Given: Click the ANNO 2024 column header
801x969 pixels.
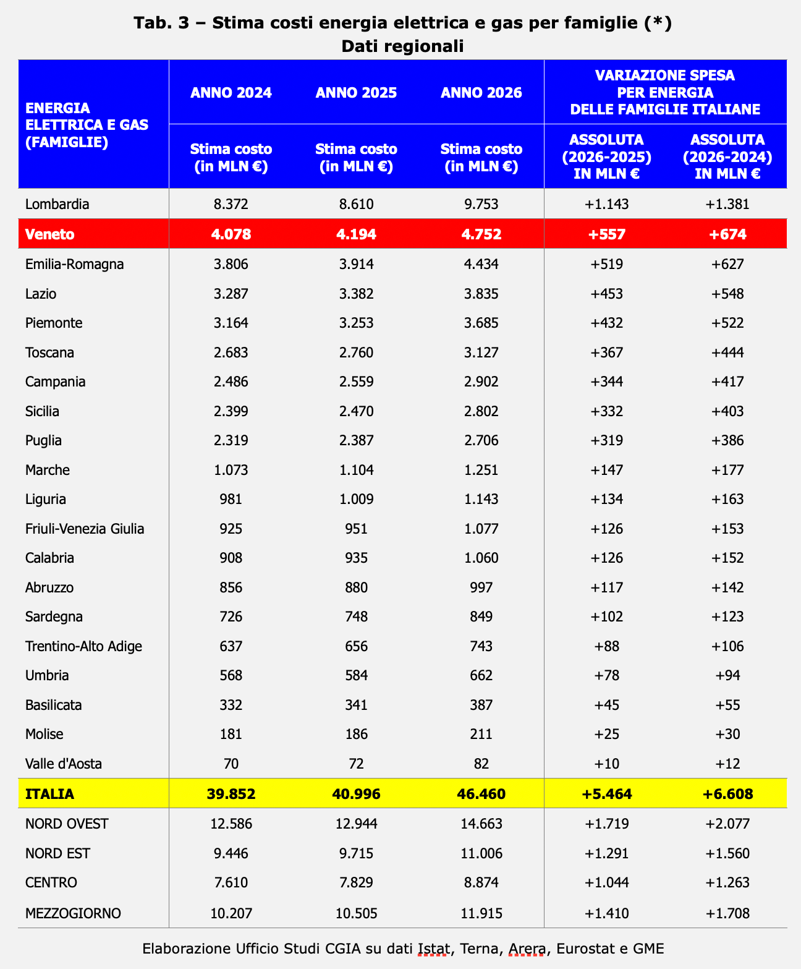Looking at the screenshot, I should pyautogui.click(x=231, y=93).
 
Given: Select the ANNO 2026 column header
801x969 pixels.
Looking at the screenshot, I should pyautogui.click(x=481, y=93).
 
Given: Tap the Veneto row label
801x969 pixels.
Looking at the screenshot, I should pyautogui.click(x=49, y=234).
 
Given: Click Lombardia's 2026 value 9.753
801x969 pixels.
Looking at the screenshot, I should pyautogui.click(x=481, y=204).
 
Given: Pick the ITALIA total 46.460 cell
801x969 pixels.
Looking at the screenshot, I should pyautogui.click(x=481, y=793).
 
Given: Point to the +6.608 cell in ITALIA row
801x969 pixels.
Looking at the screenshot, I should pyautogui.click(x=727, y=793).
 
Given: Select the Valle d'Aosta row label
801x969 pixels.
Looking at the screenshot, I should pyautogui.click(x=64, y=764).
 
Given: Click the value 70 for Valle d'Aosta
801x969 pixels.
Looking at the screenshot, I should pyautogui.click(x=231, y=764).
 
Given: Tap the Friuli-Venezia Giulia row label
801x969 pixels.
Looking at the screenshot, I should pyautogui.click(x=85, y=529).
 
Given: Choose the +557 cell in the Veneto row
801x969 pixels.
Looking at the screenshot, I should pyautogui.click(x=606, y=234).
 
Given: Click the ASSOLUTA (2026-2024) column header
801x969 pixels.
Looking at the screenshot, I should pyautogui.click(x=727, y=156).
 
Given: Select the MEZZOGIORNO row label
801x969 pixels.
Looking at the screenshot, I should pyautogui.click(x=73, y=913).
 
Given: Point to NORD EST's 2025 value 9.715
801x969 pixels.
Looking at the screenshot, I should pyautogui.click(x=356, y=853).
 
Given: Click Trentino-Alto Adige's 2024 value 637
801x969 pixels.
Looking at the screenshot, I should pyautogui.click(x=231, y=646).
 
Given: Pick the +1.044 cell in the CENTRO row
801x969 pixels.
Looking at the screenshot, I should pyautogui.click(x=606, y=882).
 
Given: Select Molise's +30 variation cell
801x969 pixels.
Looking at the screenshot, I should pyautogui.click(x=727, y=735).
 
